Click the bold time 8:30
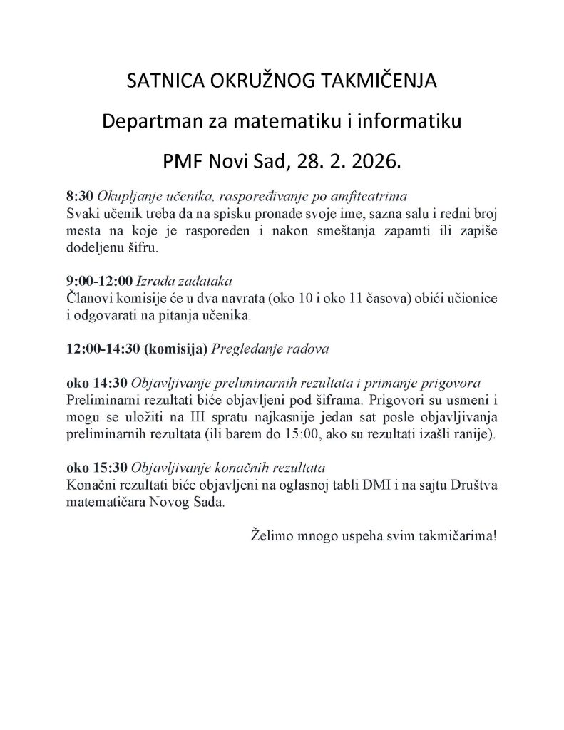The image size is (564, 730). (x=78, y=195)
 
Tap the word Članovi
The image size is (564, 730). (x=87, y=297)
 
